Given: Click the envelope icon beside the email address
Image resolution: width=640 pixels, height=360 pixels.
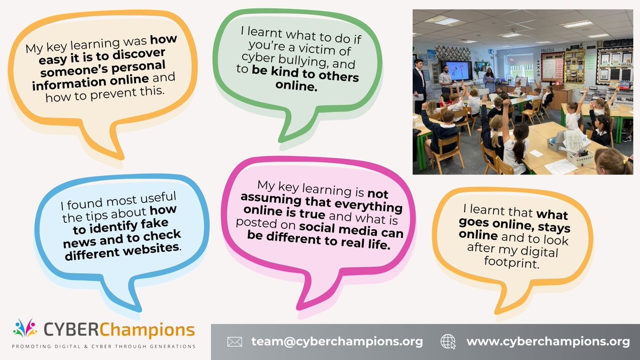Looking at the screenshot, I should click(x=235, y=341).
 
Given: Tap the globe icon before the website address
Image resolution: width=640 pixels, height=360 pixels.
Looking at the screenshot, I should click(x=448, y=341).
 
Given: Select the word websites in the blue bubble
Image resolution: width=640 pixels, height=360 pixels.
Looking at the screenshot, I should click(x=150, y=248).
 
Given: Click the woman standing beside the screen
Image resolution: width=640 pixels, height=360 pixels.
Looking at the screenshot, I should click(x=489, y=79).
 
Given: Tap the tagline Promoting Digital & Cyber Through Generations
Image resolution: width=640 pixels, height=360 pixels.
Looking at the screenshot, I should click(x=105, y=346).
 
